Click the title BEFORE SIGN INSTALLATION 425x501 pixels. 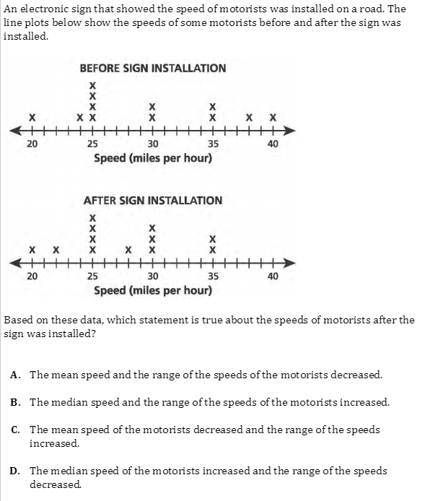153,68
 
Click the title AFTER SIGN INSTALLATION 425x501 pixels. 153,201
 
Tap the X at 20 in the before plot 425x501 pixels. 32,118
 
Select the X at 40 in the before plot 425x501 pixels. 273,118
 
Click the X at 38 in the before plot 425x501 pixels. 249,118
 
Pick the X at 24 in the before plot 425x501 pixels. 80,118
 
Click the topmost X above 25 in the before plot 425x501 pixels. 92,86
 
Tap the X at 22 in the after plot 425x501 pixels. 56,250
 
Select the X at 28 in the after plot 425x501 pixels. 128,250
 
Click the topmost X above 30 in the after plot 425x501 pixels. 152,228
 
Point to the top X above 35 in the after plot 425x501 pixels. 212,239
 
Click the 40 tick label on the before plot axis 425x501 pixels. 273,144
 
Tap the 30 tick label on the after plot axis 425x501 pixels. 153,276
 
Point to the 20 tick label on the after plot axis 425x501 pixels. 32,276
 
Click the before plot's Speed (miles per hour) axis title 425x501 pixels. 153,158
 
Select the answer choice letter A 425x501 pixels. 14,375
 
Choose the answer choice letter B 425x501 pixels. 15,402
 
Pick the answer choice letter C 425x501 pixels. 15,430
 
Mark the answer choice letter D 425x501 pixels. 15,471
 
